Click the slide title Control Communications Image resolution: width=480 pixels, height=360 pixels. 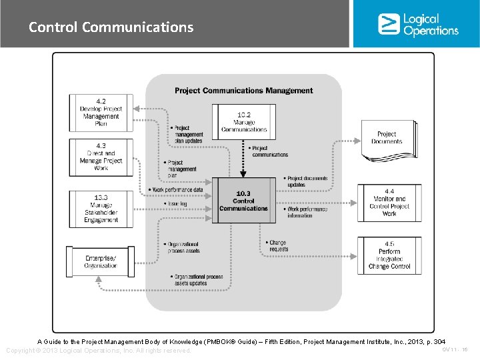111,27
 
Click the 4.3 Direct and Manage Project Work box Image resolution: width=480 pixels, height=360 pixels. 101,157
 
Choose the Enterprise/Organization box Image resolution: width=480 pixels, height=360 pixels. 101,261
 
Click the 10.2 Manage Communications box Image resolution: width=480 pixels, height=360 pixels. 244,122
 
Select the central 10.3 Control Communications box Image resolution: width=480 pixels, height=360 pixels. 243,200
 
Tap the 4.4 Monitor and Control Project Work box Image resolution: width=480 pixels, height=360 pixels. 389,203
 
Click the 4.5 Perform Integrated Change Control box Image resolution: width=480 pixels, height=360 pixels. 389,255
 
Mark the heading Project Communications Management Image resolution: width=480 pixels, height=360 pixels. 243,91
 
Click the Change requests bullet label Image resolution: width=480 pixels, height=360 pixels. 278,246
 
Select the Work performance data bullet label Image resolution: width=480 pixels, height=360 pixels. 177,190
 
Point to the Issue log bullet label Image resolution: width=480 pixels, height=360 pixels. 177,203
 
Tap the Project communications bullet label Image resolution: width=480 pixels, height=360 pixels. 269,151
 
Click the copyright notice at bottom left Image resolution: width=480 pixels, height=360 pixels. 98,351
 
